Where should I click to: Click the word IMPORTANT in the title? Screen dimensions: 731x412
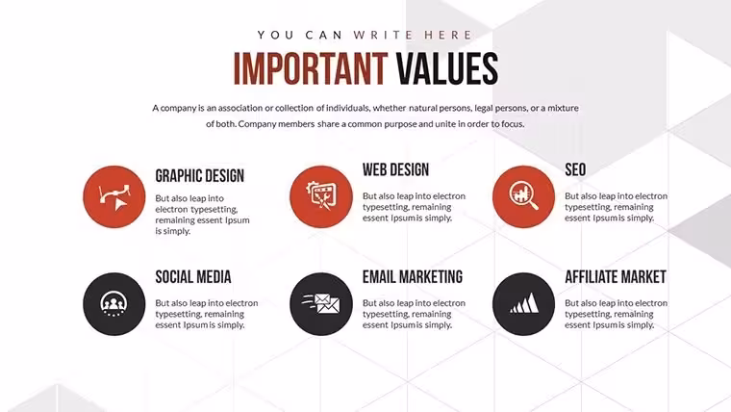(311, 68)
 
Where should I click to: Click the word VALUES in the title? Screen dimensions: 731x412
(447, 68)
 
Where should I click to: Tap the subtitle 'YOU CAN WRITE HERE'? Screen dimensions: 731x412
(365, 35)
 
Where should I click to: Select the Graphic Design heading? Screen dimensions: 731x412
(199, 176)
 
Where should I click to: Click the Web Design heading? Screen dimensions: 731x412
(396, 169)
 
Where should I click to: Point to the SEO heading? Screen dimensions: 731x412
(575, 169)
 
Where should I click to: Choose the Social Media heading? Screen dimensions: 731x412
(193, 276)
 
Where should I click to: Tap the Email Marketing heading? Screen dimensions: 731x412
(413, 276)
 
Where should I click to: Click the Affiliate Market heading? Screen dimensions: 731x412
(616, 276)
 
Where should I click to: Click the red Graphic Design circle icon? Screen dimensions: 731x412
(114, 197)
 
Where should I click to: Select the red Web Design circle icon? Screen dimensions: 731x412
(321, 197)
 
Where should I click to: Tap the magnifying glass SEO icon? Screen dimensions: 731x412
(523, 197)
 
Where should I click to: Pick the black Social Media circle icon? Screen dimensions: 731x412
(114, 304)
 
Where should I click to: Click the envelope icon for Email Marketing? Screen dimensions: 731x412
(321, 304)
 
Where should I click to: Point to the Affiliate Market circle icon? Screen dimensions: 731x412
(523, 304)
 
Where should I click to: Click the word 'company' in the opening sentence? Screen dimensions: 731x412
(179, 108)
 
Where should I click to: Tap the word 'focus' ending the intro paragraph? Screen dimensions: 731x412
(513, 124)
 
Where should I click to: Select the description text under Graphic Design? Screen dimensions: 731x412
(202, 215)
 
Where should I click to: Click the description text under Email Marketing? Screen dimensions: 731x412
(414, 314)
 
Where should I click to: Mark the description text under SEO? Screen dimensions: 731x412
(617, 207)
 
